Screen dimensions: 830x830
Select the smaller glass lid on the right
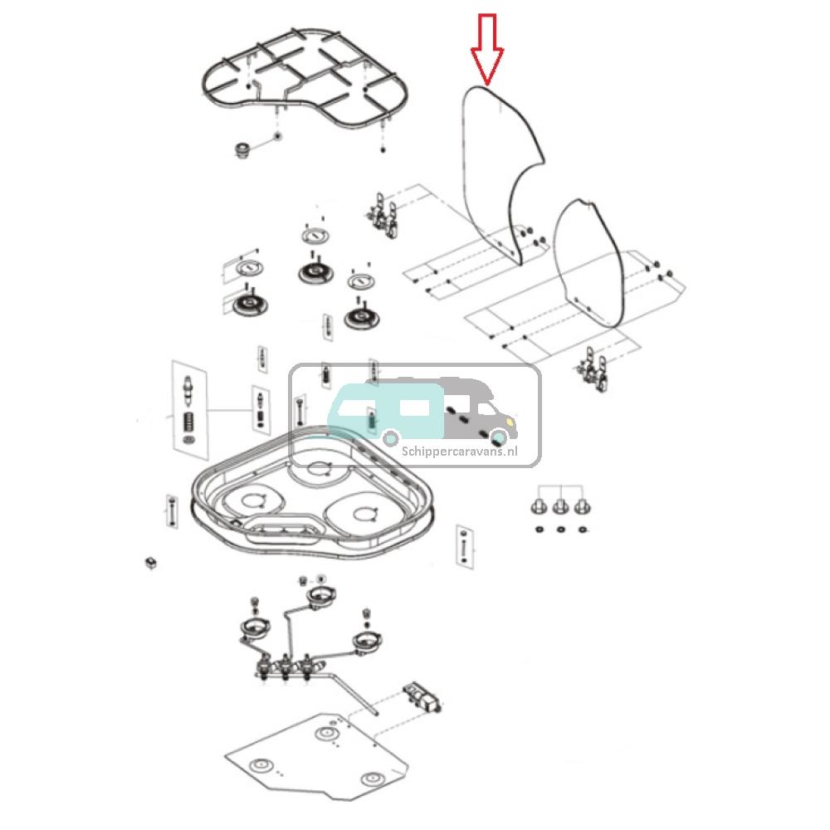pos(589,257)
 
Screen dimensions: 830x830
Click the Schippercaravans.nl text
pos(459,452)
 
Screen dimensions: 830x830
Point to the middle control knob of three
pos(560,505)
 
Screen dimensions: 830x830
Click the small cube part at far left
pos(151,562)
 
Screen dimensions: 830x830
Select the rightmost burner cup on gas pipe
pos(365,642)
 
